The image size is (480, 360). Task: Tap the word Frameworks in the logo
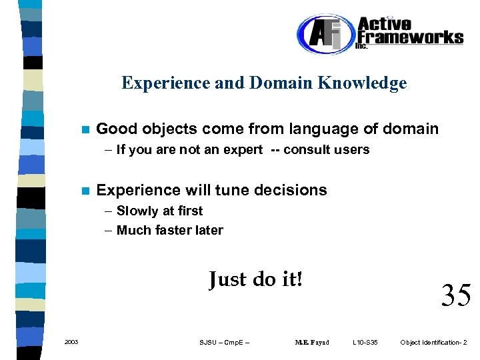[410, 37]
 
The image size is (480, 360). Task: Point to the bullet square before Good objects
[83, 129]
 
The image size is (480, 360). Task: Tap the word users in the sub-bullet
[352, 150]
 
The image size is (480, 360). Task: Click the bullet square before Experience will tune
[83, 191]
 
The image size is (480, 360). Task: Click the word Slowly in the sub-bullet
[136, 211]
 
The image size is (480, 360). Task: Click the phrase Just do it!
[255, 279]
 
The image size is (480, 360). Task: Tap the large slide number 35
[456, 295]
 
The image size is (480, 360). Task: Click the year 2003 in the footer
[71, 343]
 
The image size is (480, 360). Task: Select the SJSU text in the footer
[208, 343]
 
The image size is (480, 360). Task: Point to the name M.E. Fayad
[311, 343]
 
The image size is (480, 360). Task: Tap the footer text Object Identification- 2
[433, 343]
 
